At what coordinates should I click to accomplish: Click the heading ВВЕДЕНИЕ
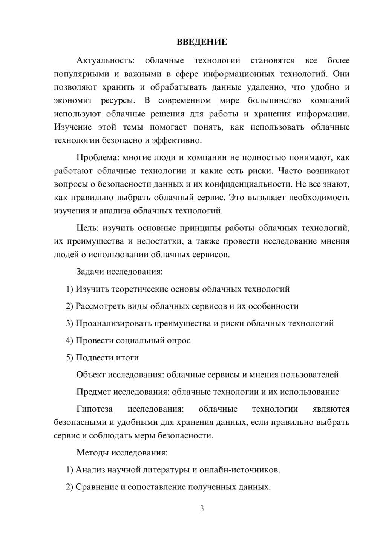click(202, 42)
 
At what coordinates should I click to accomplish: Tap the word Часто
click(290, 171)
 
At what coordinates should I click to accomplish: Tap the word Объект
click(91, 375)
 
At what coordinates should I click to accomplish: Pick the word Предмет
click(93, 392)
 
